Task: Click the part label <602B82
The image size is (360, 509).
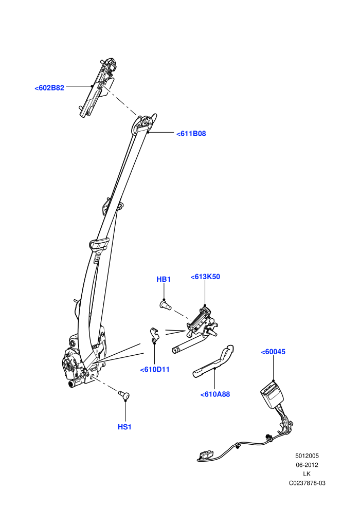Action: [49, 87]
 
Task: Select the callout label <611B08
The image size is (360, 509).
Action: [191, 134]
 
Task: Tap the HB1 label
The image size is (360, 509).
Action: [164, 279]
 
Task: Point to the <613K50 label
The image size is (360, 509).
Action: [205, 277]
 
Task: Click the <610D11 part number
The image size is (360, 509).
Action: [155, 370]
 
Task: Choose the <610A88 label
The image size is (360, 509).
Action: [215, 394]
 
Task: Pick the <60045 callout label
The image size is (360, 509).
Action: [273, 352]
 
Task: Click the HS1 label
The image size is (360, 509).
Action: [124, 427]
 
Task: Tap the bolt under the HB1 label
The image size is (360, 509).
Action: [166, 305]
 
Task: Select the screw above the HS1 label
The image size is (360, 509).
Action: [123, 395]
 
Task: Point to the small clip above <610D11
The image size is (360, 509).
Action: [154, 335]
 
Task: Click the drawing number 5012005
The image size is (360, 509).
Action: [307, 456]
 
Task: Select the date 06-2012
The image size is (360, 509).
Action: [307, 465]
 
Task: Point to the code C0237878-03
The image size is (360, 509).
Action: [307, 483]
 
